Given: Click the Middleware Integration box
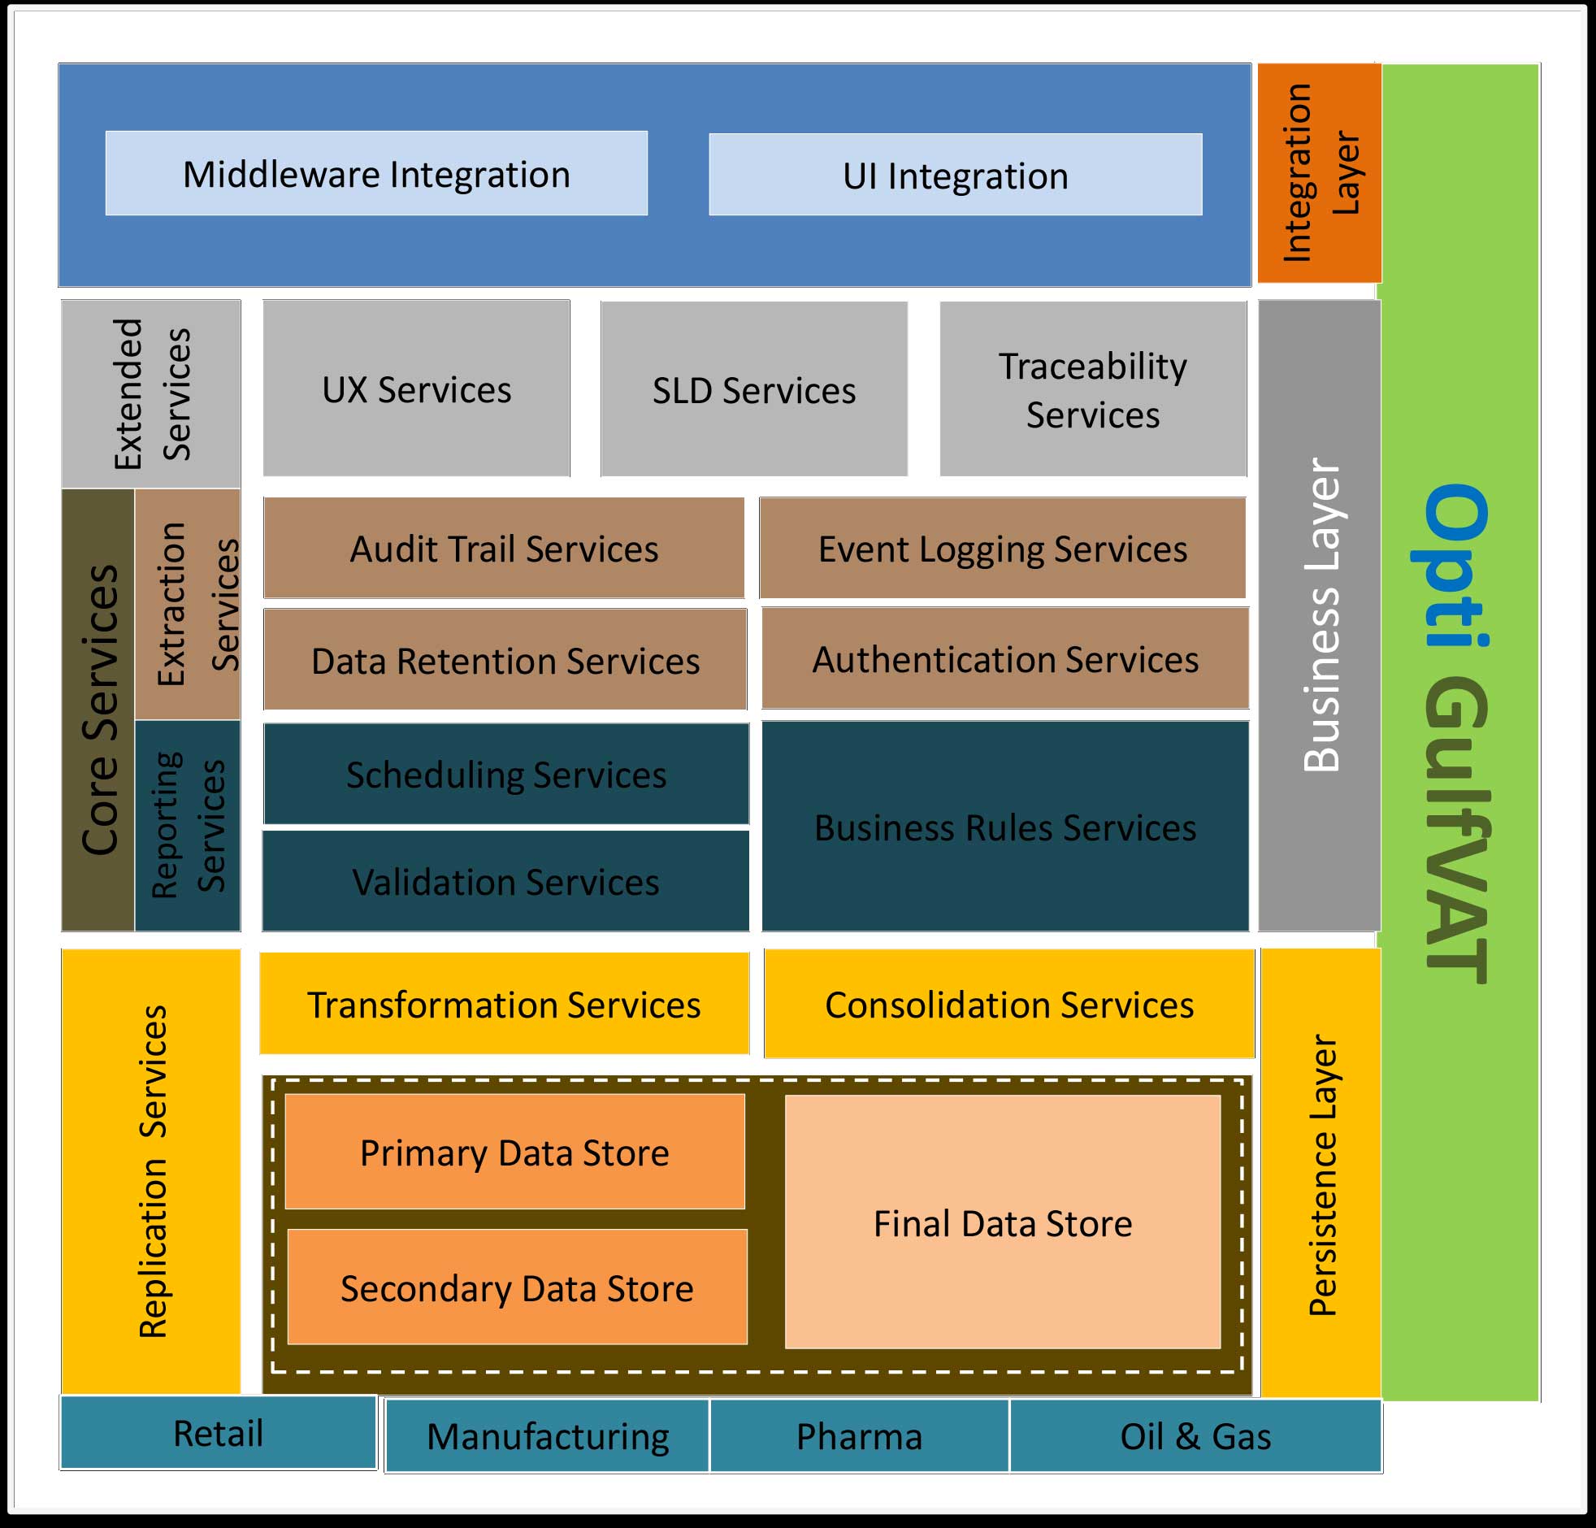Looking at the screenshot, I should coord(376,173).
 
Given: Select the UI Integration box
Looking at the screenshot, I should coord(955,174).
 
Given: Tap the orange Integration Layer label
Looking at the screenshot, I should coord(1319,172).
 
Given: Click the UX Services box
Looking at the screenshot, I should coord(416,389).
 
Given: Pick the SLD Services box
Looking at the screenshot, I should coord(754,389).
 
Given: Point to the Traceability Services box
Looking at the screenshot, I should coord(1093,389).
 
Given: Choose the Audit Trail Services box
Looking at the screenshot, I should coord(503,548).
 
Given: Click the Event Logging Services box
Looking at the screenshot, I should coord(1003,548).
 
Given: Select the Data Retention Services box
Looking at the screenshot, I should coord(505,660).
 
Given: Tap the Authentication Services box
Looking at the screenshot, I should coord(1005,658).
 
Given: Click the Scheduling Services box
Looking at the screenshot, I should coord(505,774).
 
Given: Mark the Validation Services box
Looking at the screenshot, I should coord(505,881).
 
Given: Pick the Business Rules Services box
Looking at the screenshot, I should coord(1005,826).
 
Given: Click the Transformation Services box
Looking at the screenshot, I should coord(504,1004).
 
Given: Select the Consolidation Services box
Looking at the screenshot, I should coord(1009,1004).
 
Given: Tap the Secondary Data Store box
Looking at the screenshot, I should coord(517,1287).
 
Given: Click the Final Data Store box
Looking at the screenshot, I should coord(1003,1222).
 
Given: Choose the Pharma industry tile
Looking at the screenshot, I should coord(859,1436).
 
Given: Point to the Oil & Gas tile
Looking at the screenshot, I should coord(1195,1436).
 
